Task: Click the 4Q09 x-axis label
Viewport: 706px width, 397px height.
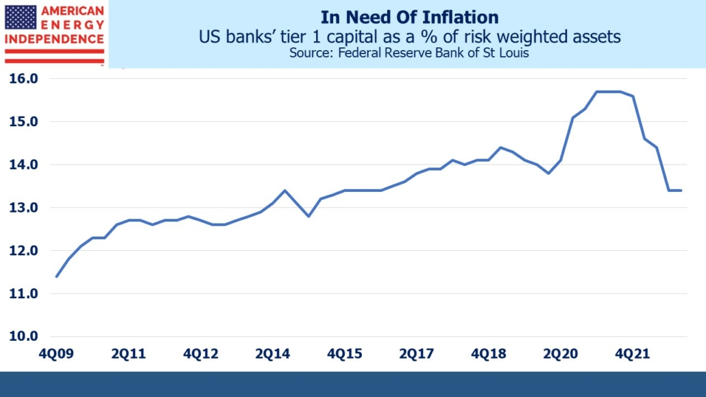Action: tap(56, 354)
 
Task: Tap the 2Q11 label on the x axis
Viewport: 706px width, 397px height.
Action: tap(128, 354)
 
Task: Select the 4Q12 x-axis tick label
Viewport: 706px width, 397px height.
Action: tap(200, 354)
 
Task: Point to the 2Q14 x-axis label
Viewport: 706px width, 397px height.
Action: tap(272, 354)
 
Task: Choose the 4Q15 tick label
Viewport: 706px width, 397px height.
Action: tap(344, 354)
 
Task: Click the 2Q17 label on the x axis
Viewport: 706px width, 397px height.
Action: tap(416, 354)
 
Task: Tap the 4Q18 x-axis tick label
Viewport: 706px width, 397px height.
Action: tap(488, 354)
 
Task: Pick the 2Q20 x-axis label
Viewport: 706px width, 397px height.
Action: tap(560, 354)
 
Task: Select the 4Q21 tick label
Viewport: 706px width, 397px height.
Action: tap(632, 354)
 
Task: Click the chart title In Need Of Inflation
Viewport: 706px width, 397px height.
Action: tap(409, 16)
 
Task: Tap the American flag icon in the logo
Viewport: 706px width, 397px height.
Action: tap(21, 17)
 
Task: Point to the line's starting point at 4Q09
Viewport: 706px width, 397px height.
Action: tap(56, 276)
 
